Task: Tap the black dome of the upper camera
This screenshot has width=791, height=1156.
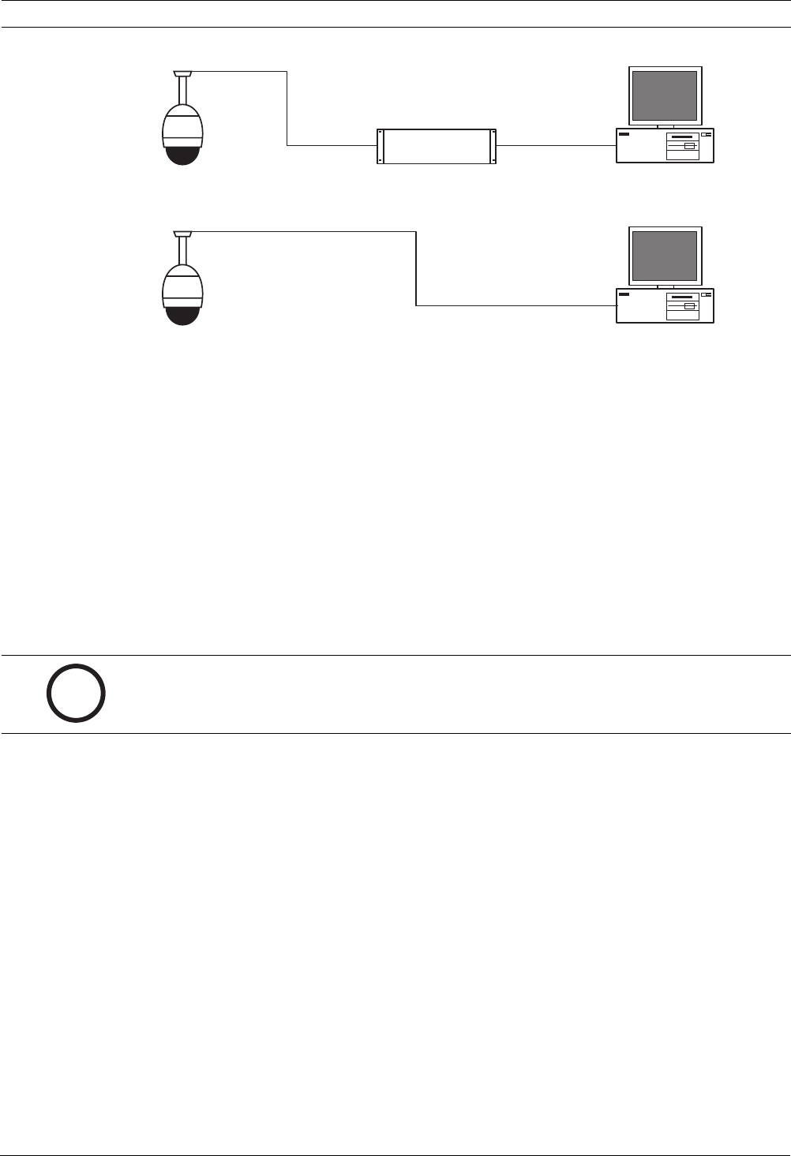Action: click(182, 155)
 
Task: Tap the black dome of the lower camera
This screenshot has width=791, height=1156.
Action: click(182, 314)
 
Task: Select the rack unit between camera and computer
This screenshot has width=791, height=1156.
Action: click(437, 146)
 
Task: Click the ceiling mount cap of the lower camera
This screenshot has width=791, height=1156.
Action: click(182, 234)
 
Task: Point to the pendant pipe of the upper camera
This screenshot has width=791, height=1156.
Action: click(182, 92)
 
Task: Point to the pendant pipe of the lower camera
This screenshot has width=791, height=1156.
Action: click(182, 251)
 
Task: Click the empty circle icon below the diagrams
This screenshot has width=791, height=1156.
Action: click(76, 694)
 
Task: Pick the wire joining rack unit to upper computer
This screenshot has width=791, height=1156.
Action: click(556, 145)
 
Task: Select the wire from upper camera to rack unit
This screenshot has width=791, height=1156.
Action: click(287, 110)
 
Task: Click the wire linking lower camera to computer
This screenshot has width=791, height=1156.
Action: click(416, 268)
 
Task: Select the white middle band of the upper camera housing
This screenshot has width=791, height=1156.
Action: click(182, 130)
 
